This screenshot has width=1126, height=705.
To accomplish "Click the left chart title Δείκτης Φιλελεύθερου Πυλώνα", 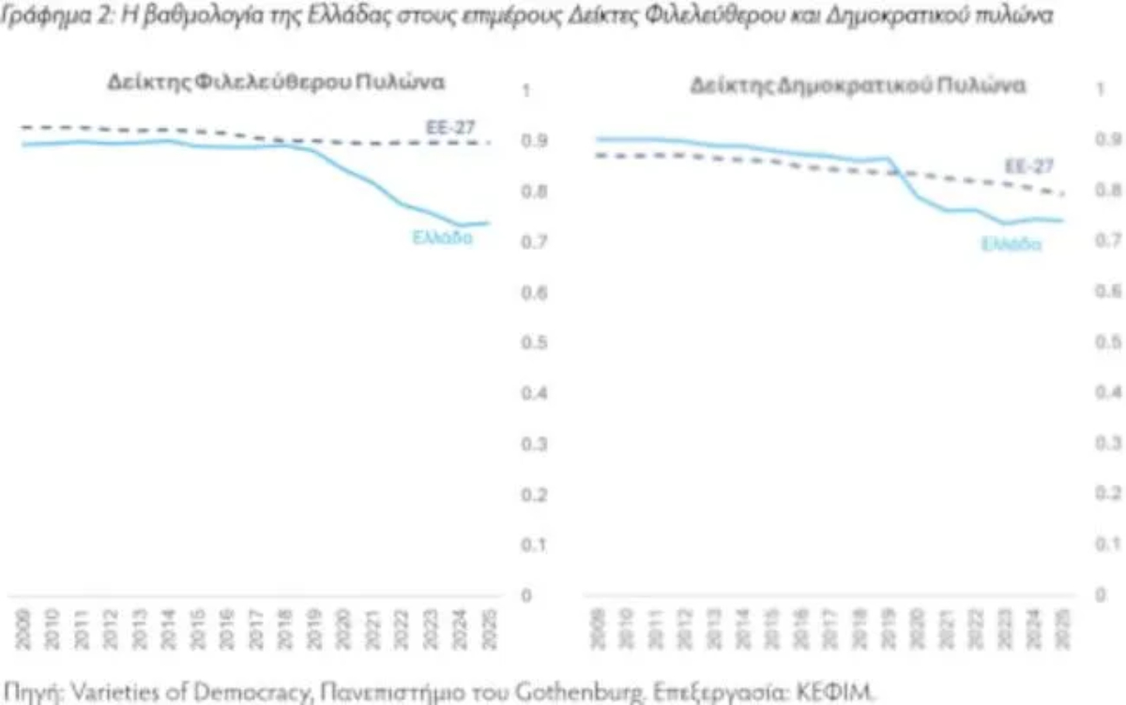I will [275, 83].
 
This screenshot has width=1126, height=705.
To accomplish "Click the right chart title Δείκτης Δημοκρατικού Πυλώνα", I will [858, 85].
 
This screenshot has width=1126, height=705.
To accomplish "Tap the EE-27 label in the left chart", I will [450, 126].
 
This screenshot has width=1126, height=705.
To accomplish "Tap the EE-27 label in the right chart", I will [1029, 166].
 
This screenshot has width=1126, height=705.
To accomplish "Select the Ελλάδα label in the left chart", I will [442, 238].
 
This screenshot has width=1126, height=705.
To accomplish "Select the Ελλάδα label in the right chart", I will [1012, 244].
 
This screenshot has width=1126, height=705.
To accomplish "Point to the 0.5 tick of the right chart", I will [1108, 341].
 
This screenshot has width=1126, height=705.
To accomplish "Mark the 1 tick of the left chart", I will [526, 91].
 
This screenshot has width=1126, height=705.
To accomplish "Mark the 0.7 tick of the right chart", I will [1108, 241].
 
